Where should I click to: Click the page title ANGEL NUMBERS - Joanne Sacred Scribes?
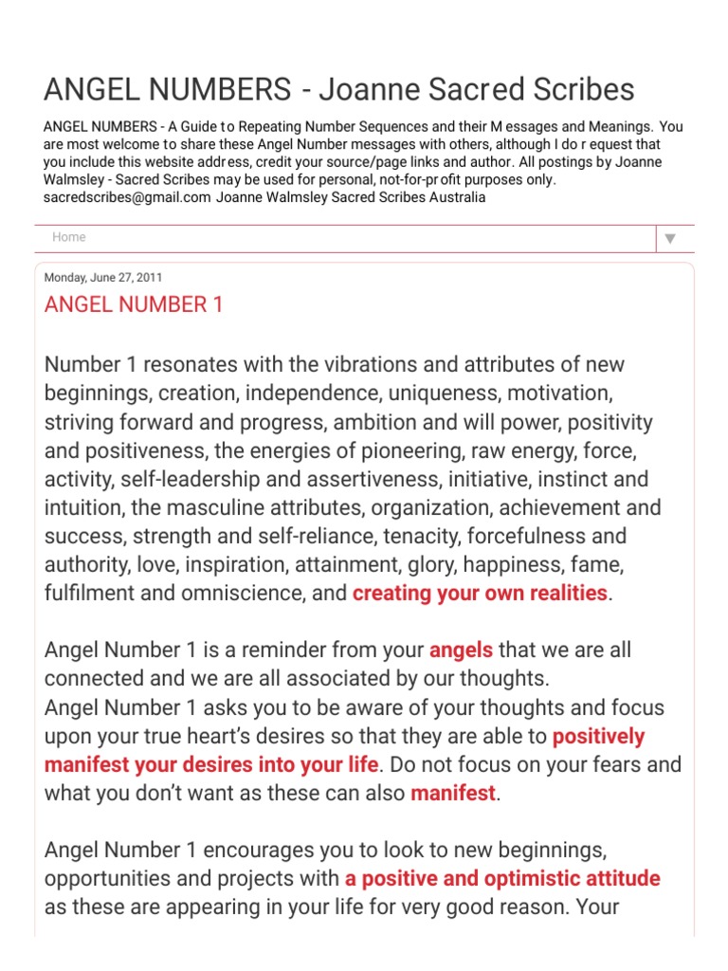338,89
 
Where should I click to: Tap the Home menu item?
69,237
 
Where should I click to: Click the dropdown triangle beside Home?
670,239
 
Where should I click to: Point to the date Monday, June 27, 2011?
103,278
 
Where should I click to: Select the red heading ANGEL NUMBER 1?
134,305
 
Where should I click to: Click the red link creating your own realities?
480,594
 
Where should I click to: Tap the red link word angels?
461,650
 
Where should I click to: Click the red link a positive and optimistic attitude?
502,878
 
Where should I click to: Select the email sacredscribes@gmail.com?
127,197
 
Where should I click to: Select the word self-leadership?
182,479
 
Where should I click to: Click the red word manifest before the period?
453,794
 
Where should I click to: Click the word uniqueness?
486,394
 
